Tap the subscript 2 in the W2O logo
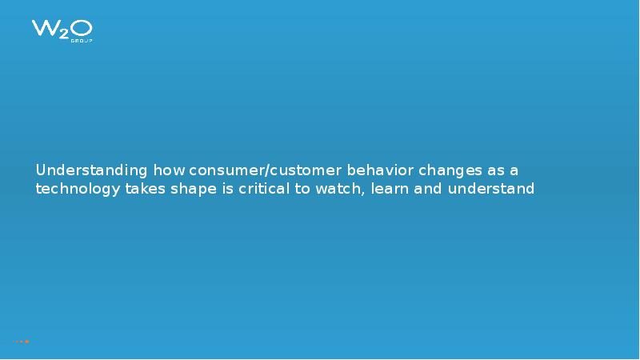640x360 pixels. [62, 34]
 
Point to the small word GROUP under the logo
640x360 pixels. [83, 41]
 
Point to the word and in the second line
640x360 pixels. [430, 190]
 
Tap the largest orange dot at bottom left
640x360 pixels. [27, 342]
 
